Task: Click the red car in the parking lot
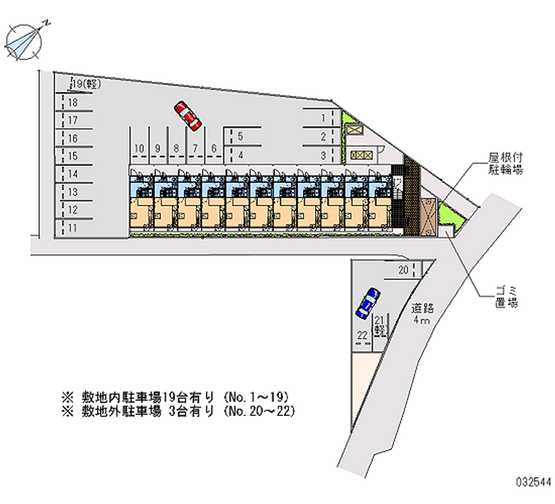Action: [x=187, y=116]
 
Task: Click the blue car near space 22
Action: [x=368, y=303]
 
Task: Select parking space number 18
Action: [x=73, y=103]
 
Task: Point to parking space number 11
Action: [x=73, y=228]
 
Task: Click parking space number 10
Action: [x=139, y=148]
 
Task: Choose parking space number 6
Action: [x=214, y=148]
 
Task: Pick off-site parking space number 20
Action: [x=404, y=270]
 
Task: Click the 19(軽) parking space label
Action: [x=86, y=84]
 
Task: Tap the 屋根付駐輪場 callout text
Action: [x=506, y=164]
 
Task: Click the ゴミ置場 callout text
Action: [x=506, y=297]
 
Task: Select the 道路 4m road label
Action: [x=422, y=313]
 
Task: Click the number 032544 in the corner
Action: [x=533, y=482]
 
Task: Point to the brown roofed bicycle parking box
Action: [x=428, y=217]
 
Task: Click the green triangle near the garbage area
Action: [x=450, y=216]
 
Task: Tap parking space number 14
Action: [x=73, y=174]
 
